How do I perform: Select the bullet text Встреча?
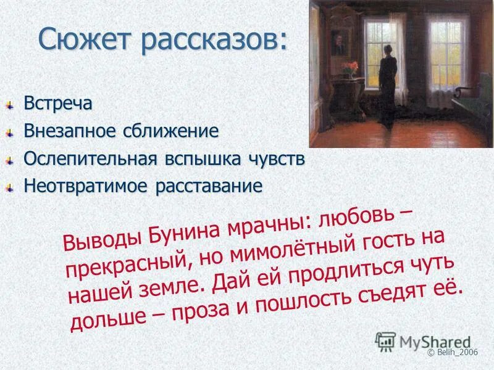(58, 103)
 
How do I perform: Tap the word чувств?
(278, 158)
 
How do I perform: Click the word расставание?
(203, 186)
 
